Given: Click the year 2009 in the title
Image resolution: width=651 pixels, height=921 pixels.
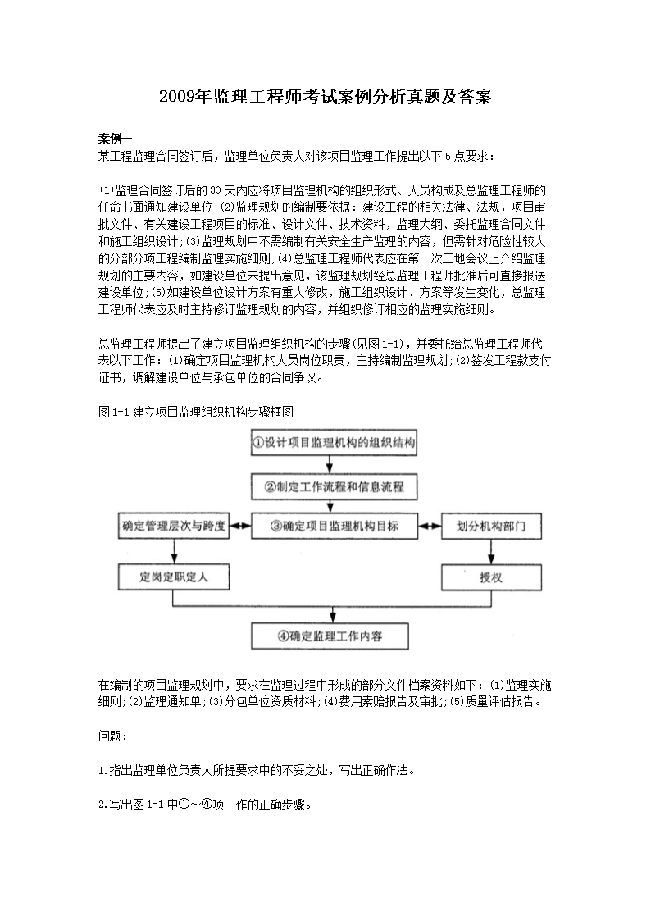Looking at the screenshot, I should tap(176, 98).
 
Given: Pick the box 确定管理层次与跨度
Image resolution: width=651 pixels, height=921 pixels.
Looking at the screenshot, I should tap(172, 527).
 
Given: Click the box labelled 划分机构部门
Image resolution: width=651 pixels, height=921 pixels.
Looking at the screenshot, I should tap(491, 527).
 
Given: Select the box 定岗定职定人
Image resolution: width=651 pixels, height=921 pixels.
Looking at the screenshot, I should tap(172, 577).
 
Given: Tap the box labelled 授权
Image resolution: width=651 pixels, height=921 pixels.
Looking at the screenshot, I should tap(491, 577).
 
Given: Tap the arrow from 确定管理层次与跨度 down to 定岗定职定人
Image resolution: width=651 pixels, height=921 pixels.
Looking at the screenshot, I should tap(172, 552).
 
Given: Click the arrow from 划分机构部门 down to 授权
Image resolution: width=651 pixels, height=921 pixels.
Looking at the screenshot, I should tap(491, 552).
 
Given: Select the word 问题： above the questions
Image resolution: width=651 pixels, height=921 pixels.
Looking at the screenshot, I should tap(113, 737).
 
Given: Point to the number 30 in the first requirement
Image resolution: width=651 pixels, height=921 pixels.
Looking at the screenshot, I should tap(216, 191).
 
